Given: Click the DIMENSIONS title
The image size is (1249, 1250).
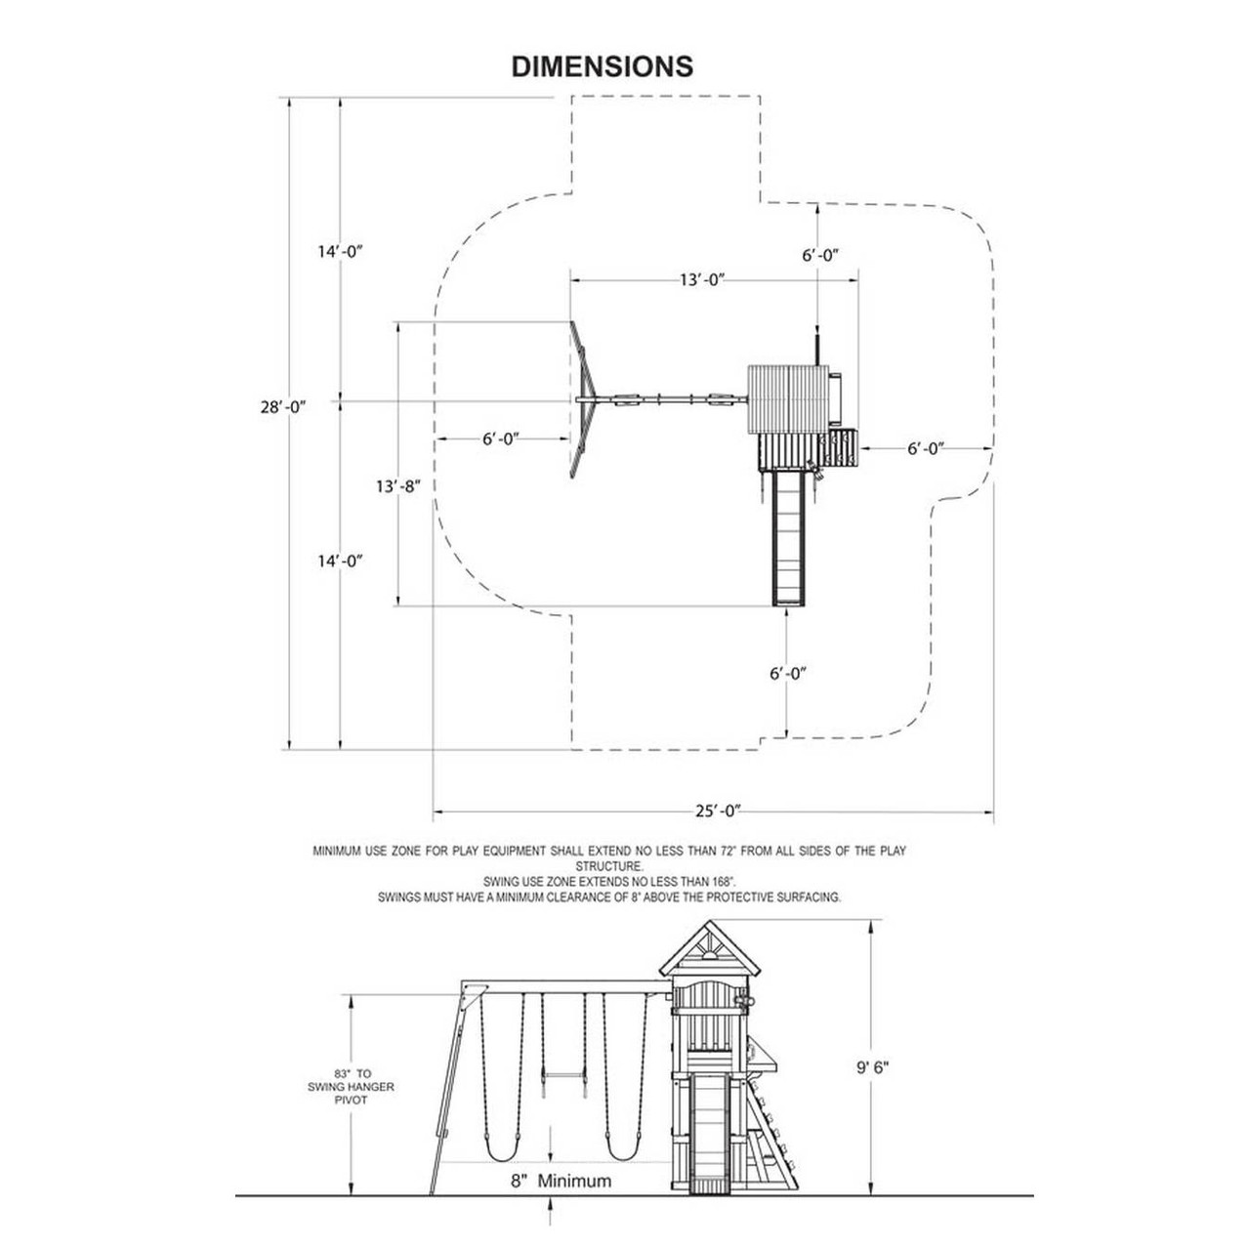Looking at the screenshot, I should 603,66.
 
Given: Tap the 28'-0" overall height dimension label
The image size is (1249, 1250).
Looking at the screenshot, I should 276,407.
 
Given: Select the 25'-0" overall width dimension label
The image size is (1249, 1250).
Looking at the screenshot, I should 720,811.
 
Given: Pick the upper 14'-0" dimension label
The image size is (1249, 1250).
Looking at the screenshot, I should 339,251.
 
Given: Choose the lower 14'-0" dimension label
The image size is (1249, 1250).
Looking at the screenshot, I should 339,561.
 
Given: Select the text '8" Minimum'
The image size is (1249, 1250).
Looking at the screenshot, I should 562,1181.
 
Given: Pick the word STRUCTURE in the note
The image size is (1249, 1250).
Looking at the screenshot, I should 608,866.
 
